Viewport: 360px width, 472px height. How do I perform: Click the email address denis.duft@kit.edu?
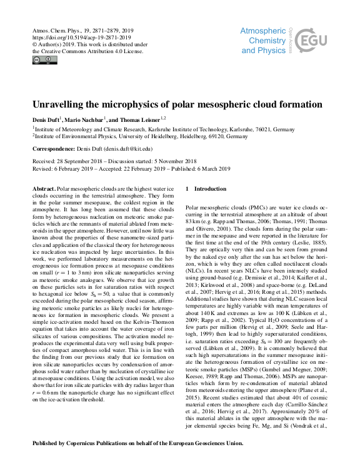(129, 149)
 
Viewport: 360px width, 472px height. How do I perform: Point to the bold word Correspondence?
(55, 149)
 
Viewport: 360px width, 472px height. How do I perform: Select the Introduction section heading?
(209, 188)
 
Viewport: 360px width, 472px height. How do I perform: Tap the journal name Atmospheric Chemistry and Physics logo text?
(263, 41)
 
